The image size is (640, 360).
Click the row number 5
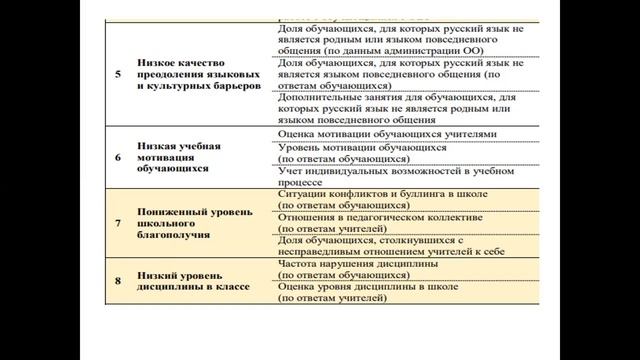(x=118, y=75)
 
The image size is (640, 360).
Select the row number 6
(x=118, y=156)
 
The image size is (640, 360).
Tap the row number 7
(x=118, y=224)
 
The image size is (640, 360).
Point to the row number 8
(x=118, y=282)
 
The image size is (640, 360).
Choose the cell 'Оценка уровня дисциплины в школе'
(x=370, y=288)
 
